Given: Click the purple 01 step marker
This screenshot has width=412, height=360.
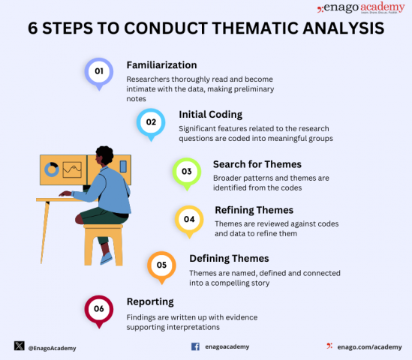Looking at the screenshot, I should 98,72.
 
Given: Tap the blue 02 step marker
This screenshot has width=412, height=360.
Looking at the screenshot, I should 151,121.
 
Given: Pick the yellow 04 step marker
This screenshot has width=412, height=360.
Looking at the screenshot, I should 188,219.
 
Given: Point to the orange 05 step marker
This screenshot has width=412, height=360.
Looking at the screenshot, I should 161,265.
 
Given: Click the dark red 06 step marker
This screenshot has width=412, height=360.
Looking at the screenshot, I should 98,309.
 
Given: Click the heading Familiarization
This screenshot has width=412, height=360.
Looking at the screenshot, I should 161,65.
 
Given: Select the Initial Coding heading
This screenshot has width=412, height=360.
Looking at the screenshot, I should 210,115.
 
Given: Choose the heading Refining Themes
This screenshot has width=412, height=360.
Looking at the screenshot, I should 254,210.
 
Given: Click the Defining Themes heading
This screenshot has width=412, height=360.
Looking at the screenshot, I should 229,259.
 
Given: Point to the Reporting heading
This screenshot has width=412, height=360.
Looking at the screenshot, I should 150,301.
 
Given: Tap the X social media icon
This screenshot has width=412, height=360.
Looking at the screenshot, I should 19,346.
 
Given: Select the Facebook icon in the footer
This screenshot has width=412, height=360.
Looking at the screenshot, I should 195,346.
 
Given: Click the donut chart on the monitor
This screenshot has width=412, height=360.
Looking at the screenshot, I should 52,169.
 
